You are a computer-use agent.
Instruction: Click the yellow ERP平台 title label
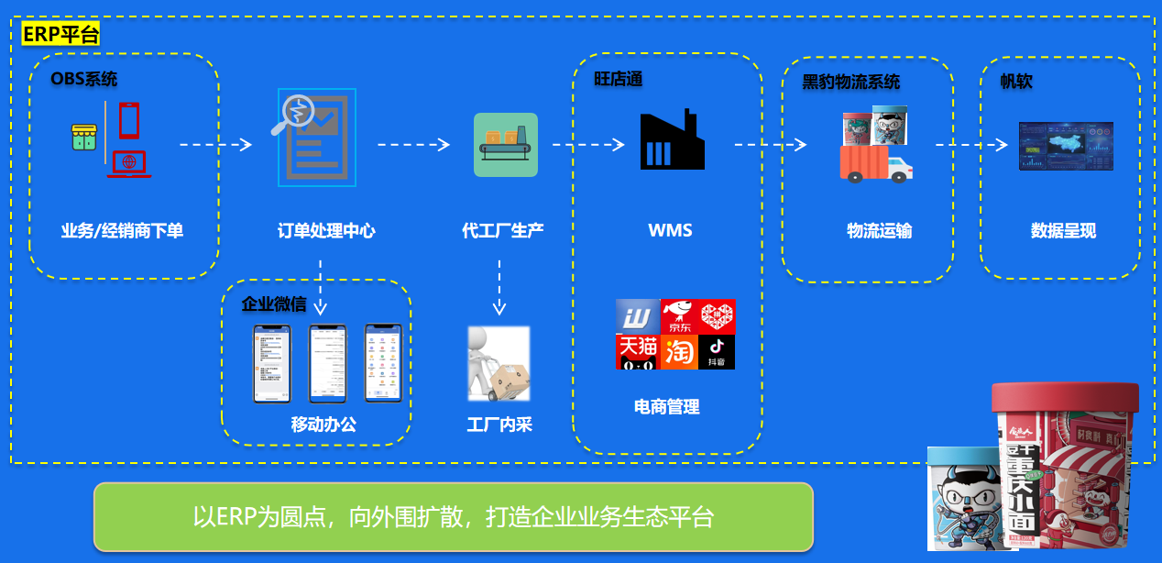[60, 34]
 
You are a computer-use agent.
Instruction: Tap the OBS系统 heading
[84, 80]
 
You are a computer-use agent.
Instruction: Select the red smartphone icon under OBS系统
[129, 119]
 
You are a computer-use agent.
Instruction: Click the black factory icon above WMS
[672, 139]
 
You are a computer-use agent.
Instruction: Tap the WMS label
[670, 231]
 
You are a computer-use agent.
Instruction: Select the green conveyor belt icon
[506, 145]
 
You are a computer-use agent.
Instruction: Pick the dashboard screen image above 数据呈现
[1066, 147]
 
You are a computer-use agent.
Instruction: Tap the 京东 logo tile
[678, 317]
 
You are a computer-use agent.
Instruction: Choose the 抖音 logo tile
[717, 352]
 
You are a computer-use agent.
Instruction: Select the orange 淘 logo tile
[678, 352]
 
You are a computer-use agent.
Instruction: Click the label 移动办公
[323, 425]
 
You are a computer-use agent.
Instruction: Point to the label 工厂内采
[499, 425]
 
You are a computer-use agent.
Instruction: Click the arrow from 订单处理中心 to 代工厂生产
[413, 145]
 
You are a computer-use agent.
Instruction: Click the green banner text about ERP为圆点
[453, 517]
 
